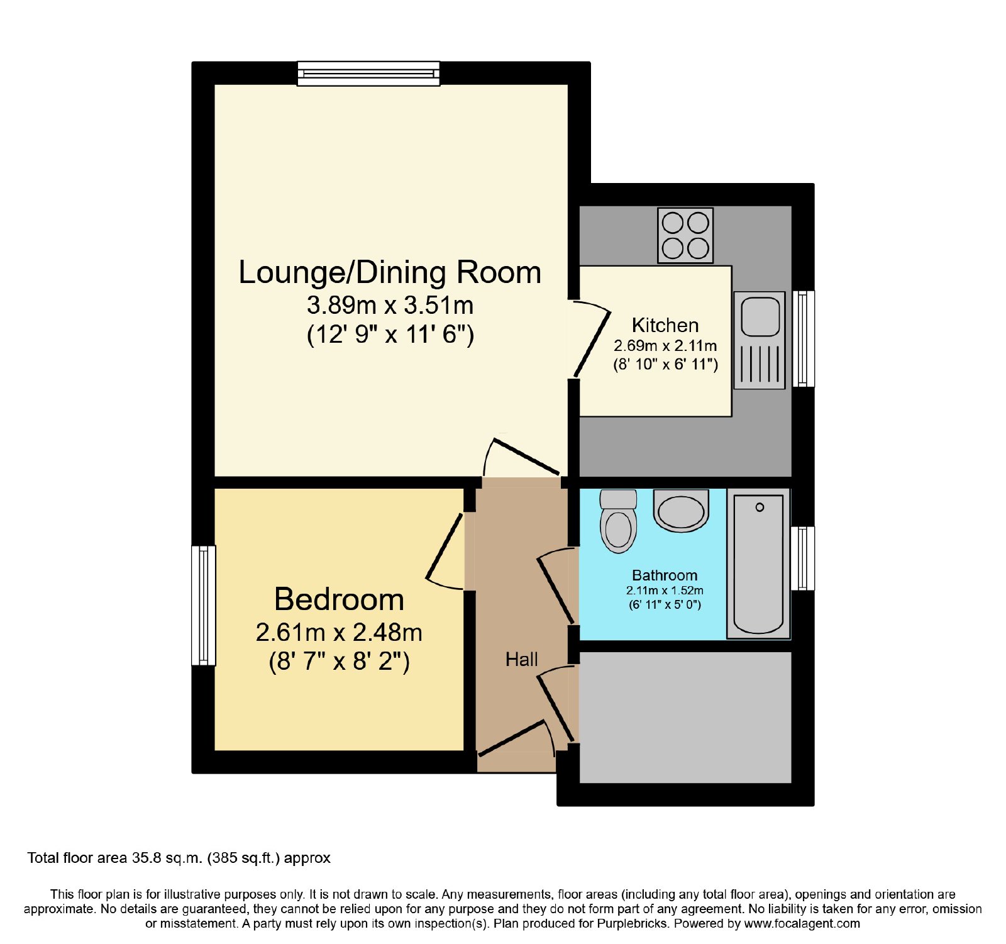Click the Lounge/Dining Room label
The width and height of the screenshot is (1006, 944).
[390, 273]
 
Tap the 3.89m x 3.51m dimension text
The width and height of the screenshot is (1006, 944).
[390, 306]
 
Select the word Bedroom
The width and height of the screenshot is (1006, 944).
[339, 599]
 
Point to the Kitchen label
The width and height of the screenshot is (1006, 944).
[665, 325]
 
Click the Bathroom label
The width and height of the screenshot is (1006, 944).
[665, 575]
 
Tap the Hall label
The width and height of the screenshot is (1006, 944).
[522, 659]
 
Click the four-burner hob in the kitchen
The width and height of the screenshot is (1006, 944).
[685, 235]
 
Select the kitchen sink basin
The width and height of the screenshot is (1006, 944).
[760, 316]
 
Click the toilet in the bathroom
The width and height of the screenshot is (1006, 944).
[619, 521]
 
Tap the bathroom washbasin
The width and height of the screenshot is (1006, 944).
[681, 511]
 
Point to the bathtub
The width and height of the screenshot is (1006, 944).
[759, 564]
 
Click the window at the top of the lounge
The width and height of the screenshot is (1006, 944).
[368, 73]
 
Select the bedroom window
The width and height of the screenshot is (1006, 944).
[204, 605]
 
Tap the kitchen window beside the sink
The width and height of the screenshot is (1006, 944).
[803, 338]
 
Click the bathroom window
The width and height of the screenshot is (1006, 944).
[803, 558]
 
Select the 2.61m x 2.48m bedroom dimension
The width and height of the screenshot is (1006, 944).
[339, 632]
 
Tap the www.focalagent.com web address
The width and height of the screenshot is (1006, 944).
[802, 924]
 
